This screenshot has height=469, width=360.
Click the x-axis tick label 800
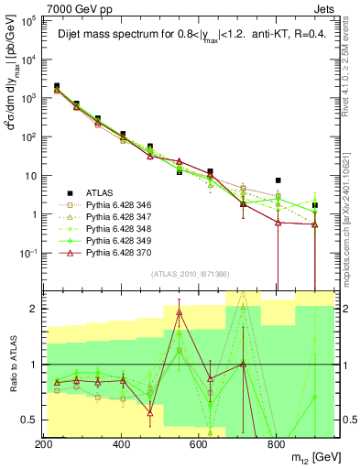point(277,444)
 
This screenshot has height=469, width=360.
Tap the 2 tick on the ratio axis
point(36,309)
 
